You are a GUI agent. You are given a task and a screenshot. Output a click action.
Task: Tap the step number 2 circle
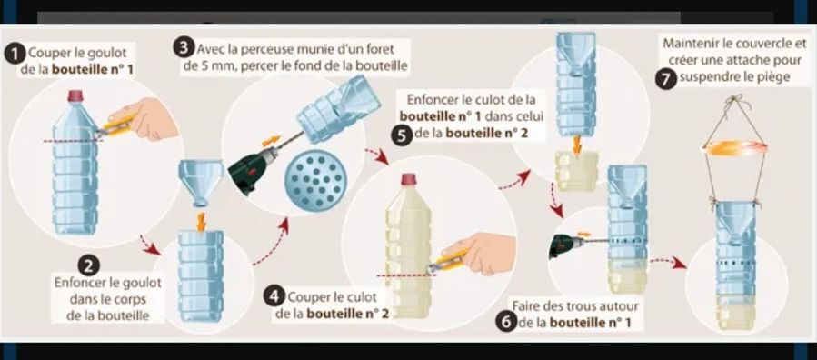click(x=87, y=265)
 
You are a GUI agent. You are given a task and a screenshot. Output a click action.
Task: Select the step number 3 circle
click(x=184, y=48)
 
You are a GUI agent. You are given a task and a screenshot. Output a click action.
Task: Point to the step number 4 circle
click(x=274, y=298)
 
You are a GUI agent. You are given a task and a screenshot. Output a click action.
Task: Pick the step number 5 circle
click(x=403, y=135)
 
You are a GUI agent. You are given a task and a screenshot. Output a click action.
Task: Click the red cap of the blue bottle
click(x=75, y=95)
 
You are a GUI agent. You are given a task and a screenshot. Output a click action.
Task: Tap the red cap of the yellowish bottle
click(x=409, y=180)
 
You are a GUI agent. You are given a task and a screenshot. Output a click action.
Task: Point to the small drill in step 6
click(x=565, y=241)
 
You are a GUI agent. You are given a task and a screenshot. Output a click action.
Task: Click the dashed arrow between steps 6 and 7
click(x=669, y=263)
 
